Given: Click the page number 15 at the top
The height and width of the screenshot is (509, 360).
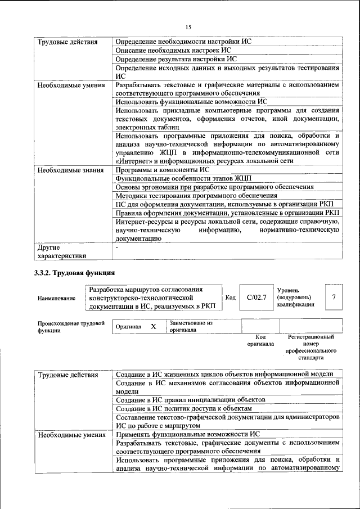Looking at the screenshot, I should click(x=188, y=26).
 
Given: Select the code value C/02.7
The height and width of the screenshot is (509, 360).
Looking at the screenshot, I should click(x=256, y=297).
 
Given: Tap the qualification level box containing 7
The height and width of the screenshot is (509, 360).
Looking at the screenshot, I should click(x=334, y=297).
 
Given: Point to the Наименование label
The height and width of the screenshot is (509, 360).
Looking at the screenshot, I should click(x=56, y=298).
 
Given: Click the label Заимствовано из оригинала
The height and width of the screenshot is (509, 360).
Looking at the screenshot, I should click(x=191, y=327).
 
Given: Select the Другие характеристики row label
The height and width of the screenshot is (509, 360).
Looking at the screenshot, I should click(x=62, y=251).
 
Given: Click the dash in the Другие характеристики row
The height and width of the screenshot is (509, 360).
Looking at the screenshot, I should click(x=117, y=247).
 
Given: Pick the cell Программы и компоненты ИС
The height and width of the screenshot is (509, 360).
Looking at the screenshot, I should click(x=163, y=170).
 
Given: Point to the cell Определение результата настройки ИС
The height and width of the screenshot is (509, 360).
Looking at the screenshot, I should click(x=175, y=59).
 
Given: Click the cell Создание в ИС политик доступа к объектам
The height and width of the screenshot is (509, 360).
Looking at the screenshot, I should click(x=183, y=408).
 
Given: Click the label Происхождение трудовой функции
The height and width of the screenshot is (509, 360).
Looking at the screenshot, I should click(x=71, y=327).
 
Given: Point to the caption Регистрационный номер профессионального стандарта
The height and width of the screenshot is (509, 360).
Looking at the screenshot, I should click(x=310, y=347).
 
